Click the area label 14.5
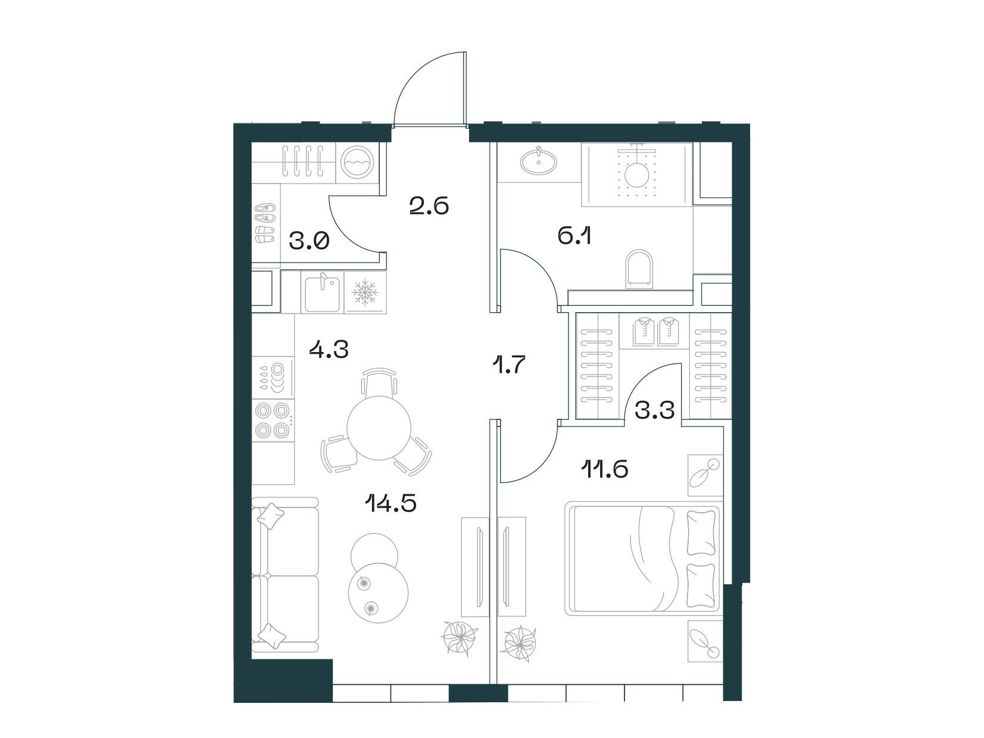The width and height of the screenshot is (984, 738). [391, 503]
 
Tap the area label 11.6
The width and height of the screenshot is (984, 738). [604, 470]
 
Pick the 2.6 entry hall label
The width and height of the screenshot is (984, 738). [429, 206]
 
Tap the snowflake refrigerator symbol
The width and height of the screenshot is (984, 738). [366, 292]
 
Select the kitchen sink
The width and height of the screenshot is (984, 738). [322, 294]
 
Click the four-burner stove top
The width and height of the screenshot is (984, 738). [272, 421]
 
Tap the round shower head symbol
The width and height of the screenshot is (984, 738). [636, 175]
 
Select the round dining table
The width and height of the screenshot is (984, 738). [379, 428]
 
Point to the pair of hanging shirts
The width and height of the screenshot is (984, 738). [657, 331]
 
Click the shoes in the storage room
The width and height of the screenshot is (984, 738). [265, 223]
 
